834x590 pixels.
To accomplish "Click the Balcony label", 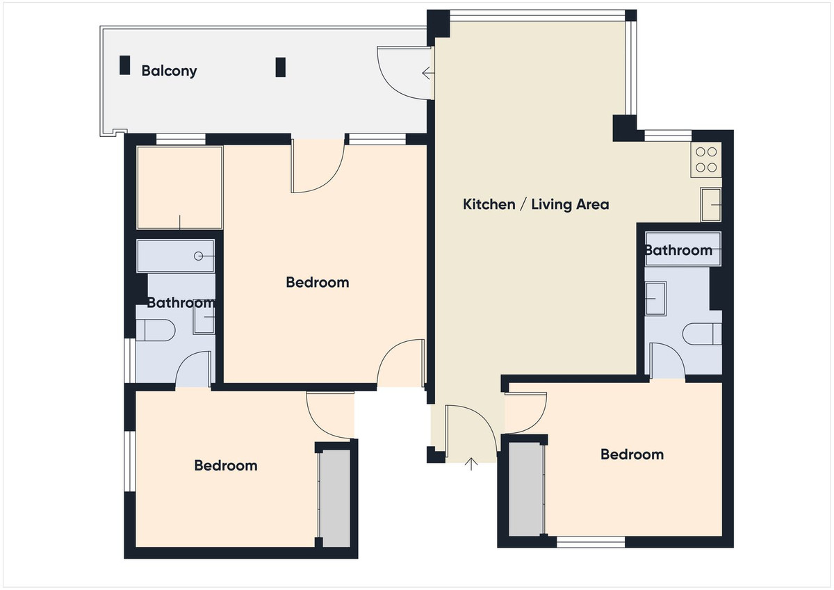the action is tap(169, 71).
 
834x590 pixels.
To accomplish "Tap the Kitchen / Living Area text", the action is tap(536, 204).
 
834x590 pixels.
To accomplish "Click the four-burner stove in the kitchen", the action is tap(706, 160).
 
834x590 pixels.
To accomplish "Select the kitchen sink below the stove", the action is tap(711, 205).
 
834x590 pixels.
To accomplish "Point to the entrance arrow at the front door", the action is tap(471, 464).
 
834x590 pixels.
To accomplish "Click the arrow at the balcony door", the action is tap(428, 73).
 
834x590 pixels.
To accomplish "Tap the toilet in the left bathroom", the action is tap(155, 330).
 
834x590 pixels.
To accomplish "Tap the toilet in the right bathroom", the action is tap(702, 334).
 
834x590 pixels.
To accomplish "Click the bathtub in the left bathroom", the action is tap(176, 256).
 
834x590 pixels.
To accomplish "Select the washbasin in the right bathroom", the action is tap(655, 299).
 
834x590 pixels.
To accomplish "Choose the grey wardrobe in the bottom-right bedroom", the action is tap(525, 489).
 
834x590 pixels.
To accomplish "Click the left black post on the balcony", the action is tap(124, 65).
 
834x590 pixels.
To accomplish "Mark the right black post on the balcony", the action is tap(280, 67).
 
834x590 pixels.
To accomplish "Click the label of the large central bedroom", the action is tap(318, 283).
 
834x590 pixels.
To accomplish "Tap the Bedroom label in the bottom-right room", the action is tap(632, 454).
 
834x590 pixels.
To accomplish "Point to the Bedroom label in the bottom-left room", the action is tap(226, 466).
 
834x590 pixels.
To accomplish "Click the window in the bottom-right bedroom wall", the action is tap(591, 542).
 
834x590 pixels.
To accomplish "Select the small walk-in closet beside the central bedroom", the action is tap(180, 188).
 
